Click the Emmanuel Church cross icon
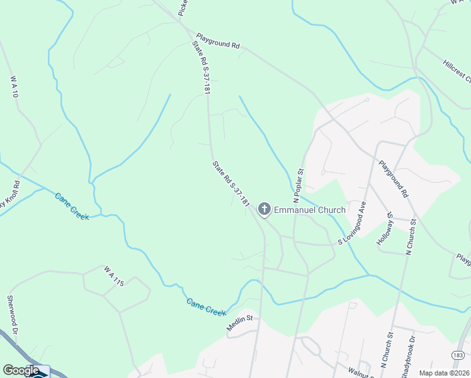coord(264,209)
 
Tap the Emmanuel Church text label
coord(309,210)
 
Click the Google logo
coord(21,370)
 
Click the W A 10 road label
coord(14,87)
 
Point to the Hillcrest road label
coord(457,71)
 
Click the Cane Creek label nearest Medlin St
coord(206,307)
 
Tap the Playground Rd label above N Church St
coord(394,180)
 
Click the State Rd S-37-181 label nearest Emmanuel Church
coord(231,185)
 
